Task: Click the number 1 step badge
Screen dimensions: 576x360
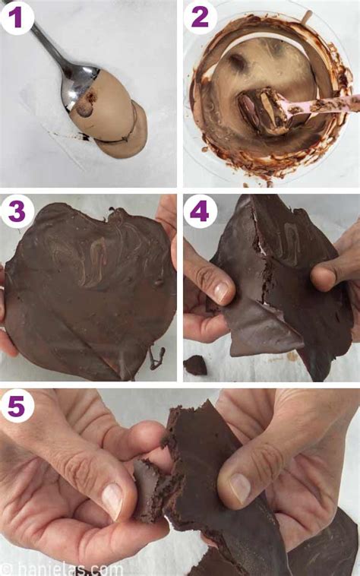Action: pyautogui.click(x=17, y=17)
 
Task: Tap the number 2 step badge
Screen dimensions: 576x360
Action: pyautogui.click(x=201, y=17)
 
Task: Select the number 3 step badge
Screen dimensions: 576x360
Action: pyautogui.click(x=17, y=211)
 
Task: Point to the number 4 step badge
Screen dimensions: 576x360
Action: pyautogui.click(x=201, y=211)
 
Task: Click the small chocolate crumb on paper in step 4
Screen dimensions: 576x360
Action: pyautogui.click(x=196, y=365)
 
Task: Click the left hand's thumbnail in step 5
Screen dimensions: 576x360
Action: pyautogui.click(x=112, y=500)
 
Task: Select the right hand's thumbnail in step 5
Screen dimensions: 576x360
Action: pyautogui.click(x=238, y=487)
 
